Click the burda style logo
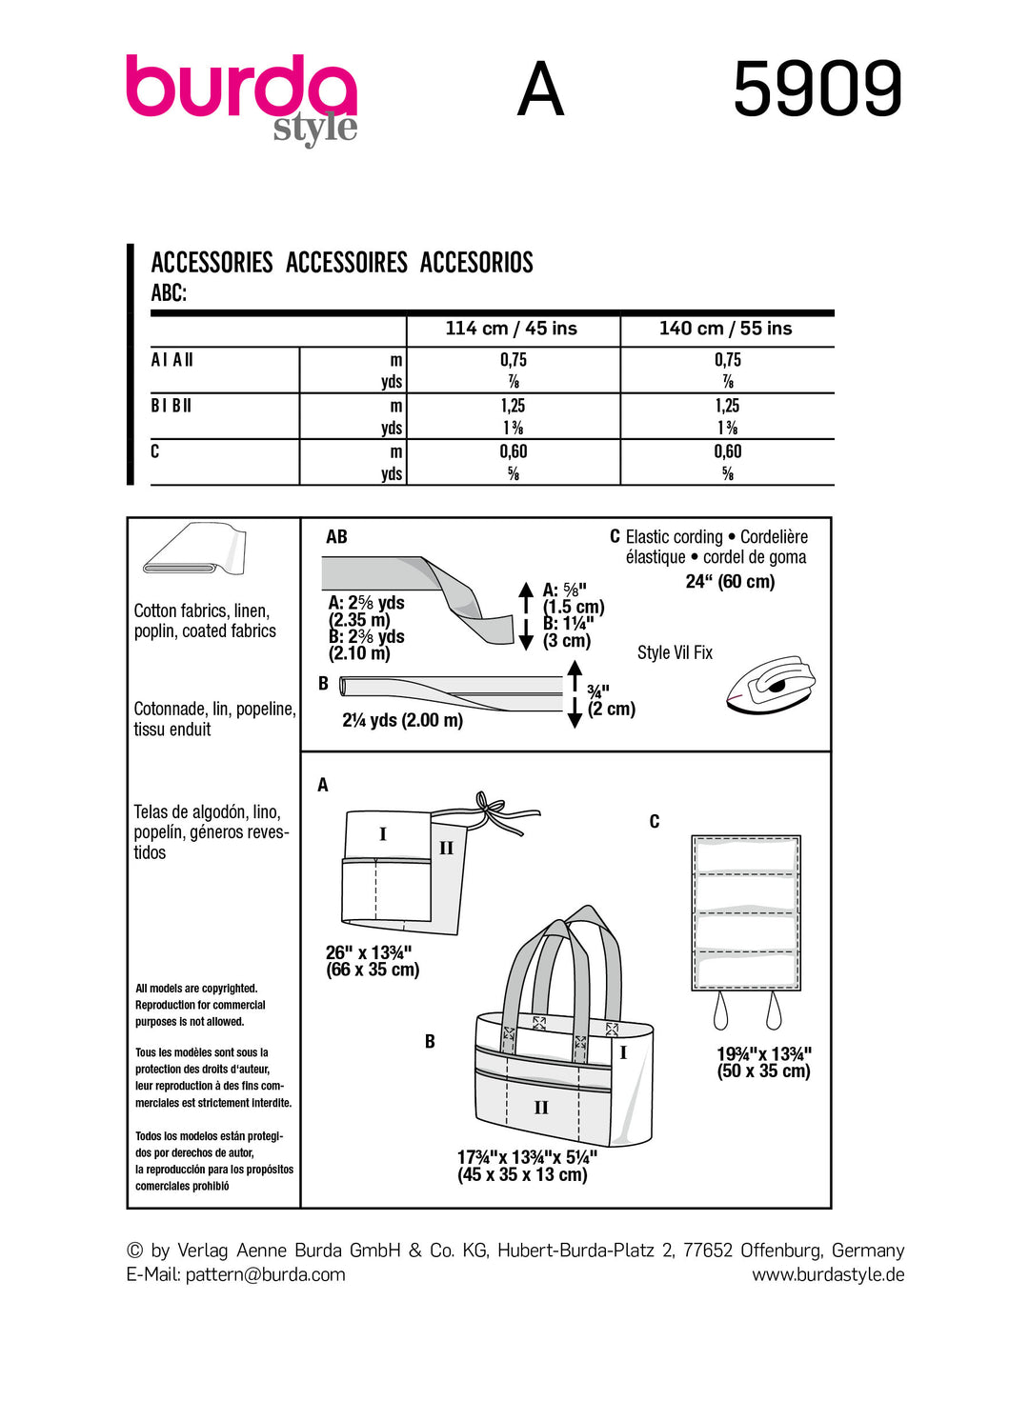[242, 98]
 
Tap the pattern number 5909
[817, 89]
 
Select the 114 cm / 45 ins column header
[512, 329]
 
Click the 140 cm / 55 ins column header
[726, 329]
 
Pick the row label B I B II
[171, 406]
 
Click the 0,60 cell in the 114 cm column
[514, 451]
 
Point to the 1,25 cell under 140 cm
[728, 406]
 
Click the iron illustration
[771, 683]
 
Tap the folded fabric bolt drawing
[194, 550]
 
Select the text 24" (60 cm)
[730, 581]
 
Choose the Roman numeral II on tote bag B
[541, 1108]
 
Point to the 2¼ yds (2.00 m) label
[402, 720]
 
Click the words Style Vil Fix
[675, 652]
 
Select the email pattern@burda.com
[265, 1274]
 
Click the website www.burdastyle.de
[828, 1274]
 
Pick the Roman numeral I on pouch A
[383, 834]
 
